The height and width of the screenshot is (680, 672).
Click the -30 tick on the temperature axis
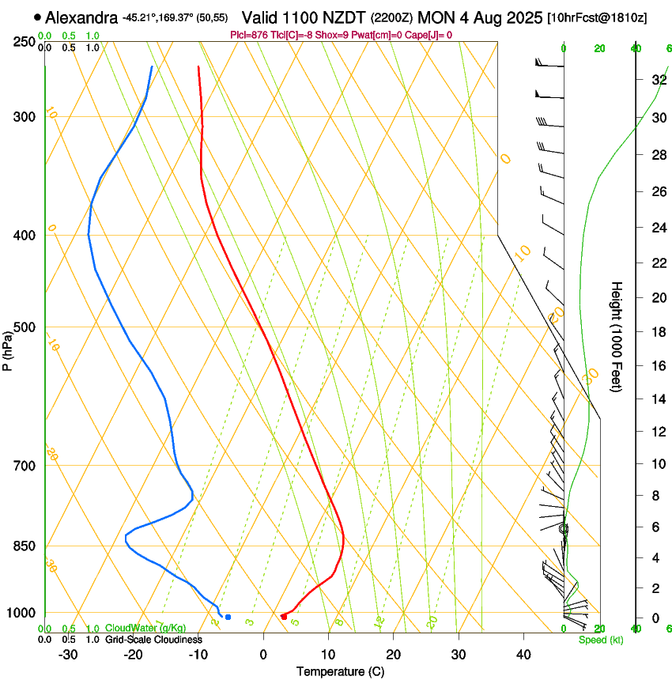(x=68, y=654)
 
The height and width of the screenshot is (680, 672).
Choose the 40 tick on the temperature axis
(x=523, y=654)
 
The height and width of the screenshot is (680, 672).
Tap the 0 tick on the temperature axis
(x=263, y=654)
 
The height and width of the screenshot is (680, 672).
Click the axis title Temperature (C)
(x=340, y=671)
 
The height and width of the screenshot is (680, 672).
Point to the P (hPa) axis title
(x=8, y=349)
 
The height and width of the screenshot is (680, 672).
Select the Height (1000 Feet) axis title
(x=617, y=336)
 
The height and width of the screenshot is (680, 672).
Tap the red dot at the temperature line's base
(x=284, y=617)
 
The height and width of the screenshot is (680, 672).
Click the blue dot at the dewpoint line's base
(x=228, y=617)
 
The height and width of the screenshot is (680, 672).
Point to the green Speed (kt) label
(x=600, y=640)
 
